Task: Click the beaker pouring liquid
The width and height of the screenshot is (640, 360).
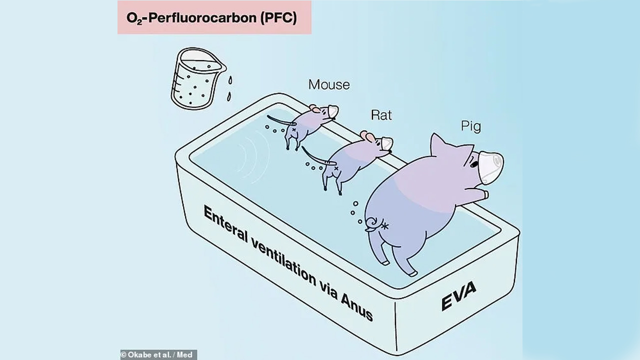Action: [197, 78]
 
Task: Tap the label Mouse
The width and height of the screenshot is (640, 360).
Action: [329, 85]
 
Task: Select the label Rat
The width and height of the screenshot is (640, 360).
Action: [381, 115]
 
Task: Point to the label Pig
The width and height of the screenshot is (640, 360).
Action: [471, 126]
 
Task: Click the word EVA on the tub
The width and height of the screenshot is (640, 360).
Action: [459, 295]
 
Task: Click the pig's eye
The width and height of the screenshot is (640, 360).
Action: [474, 164]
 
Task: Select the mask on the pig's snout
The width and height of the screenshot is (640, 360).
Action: [491, 167]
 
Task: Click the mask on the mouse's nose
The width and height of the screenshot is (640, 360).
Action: [333, 111]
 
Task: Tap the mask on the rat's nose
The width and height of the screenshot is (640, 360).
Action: [387, 143]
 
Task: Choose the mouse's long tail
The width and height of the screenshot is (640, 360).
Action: [280, 120]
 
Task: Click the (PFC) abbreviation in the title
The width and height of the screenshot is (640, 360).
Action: [278, 18]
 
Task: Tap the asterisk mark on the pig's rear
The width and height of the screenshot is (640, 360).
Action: [385, 225]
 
